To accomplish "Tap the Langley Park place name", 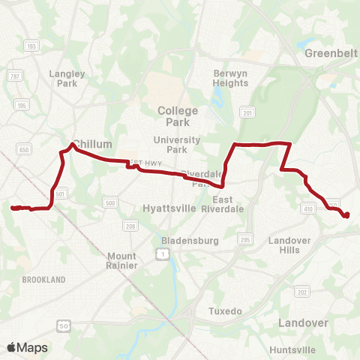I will [x=67, y=78].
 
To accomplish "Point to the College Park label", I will [x=178, y=115].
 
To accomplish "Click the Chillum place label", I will [x=94, y=144].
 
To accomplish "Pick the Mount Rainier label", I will [x=121, y=260].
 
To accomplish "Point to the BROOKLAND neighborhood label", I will [x=43, y=280].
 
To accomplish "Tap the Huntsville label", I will [x=292, y=349].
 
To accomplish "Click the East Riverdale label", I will [x=217, y=204].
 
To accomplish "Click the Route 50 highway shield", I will [x=63, y=324].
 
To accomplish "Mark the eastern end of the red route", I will [x=347, y=216].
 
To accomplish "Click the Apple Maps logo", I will [x=27, y=347].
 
